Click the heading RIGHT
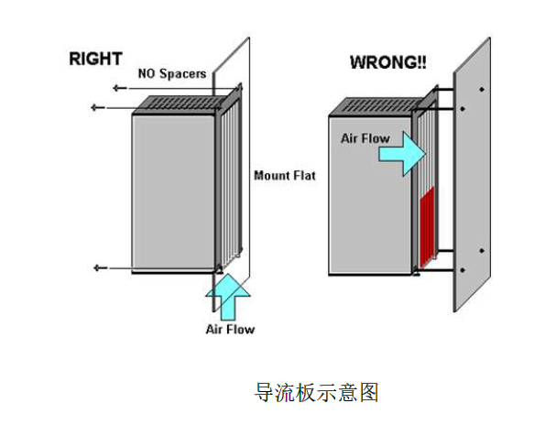point(96,59)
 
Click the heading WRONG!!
point(388,62)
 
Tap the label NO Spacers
point(171,73)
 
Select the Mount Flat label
point(284,175)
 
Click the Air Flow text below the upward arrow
point(230,328)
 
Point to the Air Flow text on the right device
point(365,138)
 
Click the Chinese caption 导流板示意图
point(316,392)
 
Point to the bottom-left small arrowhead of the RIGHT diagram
point(98,267)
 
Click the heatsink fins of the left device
point(229,183)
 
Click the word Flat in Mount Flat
point(301,175)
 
